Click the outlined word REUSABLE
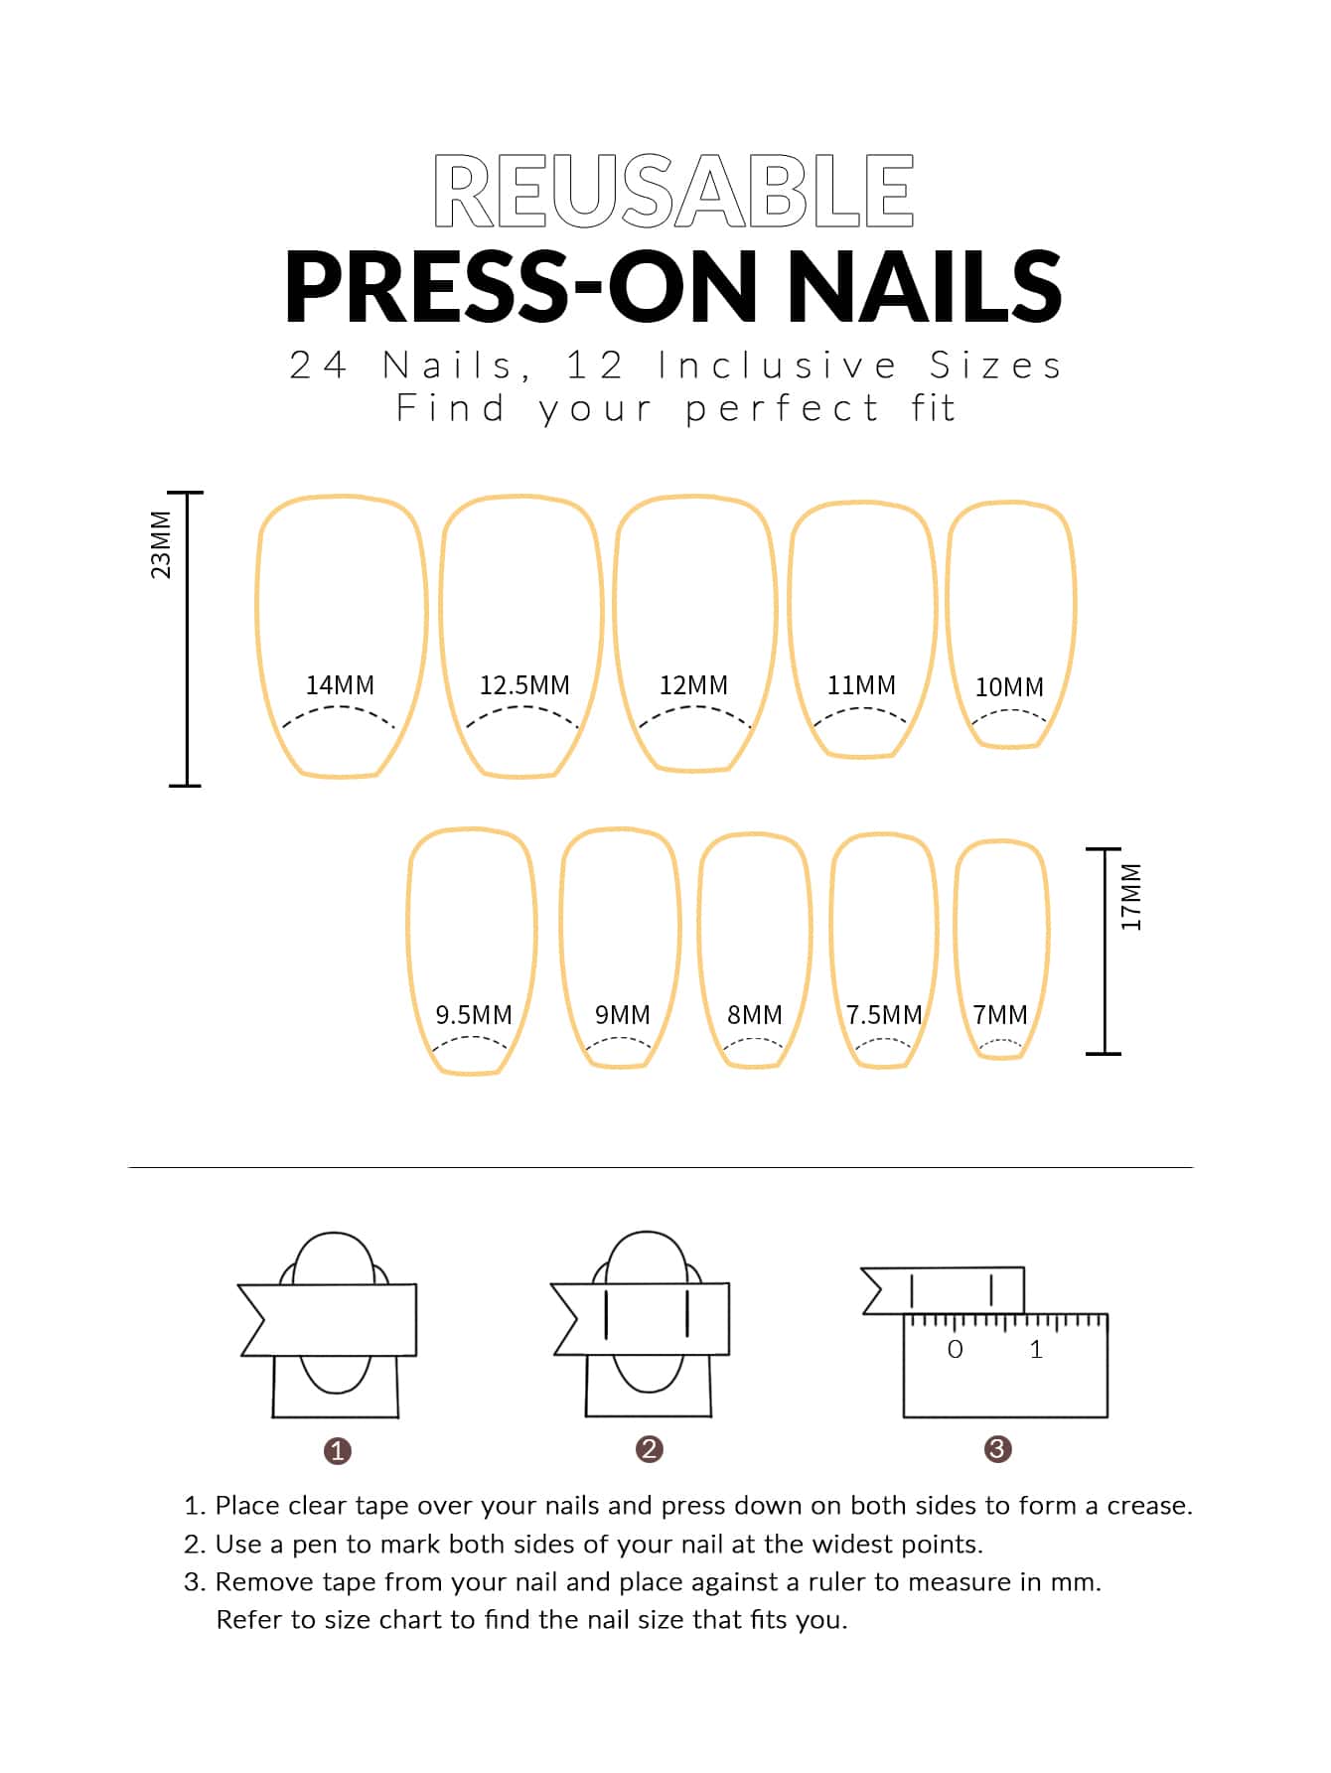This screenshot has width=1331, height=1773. (x=673, y=191)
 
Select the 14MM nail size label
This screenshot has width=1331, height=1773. (x=340, y=685)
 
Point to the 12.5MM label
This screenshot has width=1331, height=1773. (x=524, y=685)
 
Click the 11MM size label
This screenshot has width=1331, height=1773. (x=861, y=685)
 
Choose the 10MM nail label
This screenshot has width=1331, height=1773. (x=1009, y=687)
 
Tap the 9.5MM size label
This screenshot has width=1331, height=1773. (x=474, y=1015)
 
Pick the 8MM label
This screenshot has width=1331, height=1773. (x=755, y=1015)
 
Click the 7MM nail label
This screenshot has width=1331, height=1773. (x=1000, y=1015)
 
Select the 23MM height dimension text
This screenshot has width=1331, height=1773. (x=161, y=544)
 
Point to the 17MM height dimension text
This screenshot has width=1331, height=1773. (x=1131, y=896)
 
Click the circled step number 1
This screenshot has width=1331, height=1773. (x=338, y=1451)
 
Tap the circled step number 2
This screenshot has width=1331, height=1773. (x=650, y=1449)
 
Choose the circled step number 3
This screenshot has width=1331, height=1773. (x=997, y=1449)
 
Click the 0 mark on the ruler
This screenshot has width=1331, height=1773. (x=956, y=1349)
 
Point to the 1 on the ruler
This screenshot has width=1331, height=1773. (x=1036, y=1349)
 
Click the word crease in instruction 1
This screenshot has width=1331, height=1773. (x=1148, y=1507)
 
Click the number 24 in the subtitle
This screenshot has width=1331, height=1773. (x=318, y=367)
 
